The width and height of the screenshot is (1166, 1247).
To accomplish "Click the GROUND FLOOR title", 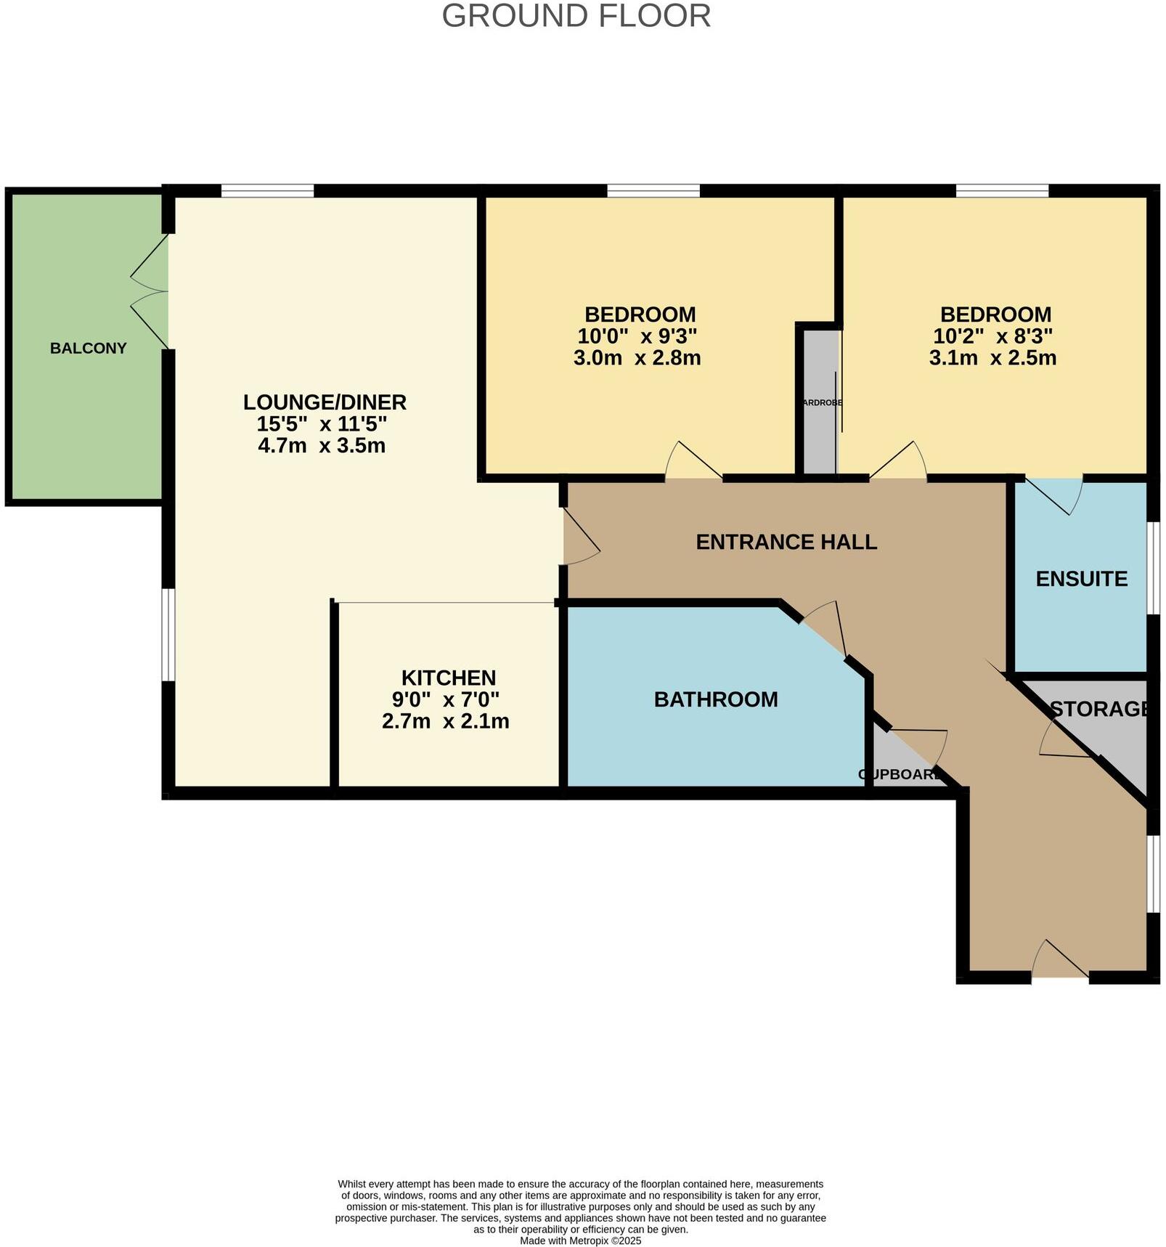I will click(x=576, y=16).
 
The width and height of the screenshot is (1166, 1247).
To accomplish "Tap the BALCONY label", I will click(x=88, y=348).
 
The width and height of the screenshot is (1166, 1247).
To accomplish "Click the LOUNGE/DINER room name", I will click(x=325, y=402).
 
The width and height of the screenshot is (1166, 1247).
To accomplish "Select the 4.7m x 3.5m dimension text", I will click(x=322, y=445).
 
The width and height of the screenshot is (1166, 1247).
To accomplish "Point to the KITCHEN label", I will click(x=448, y=678).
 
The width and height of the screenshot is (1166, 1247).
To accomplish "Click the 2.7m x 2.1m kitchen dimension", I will click(x=445, y=721).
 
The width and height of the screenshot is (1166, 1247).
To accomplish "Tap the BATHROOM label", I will click(x=715, y=699).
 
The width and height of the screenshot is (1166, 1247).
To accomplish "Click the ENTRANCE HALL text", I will click(x=786, y=542).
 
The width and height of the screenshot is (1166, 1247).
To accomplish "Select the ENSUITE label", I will click(x=1081, y=579).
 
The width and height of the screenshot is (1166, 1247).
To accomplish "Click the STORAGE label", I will click(x=1099, y=709).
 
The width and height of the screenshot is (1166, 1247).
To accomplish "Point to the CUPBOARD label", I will click(x=899, y=774).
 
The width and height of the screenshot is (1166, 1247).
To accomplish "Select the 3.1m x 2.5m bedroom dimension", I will click(x=992, y=358).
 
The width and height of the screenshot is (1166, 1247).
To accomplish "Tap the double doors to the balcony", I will click(x=151, y=291).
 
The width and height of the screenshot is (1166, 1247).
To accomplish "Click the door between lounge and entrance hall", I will click(x=580, y=536).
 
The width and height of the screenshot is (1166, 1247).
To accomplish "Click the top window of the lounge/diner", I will click(x=267, y=191).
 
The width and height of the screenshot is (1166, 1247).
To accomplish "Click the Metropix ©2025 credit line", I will click(x=580, y=1240).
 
